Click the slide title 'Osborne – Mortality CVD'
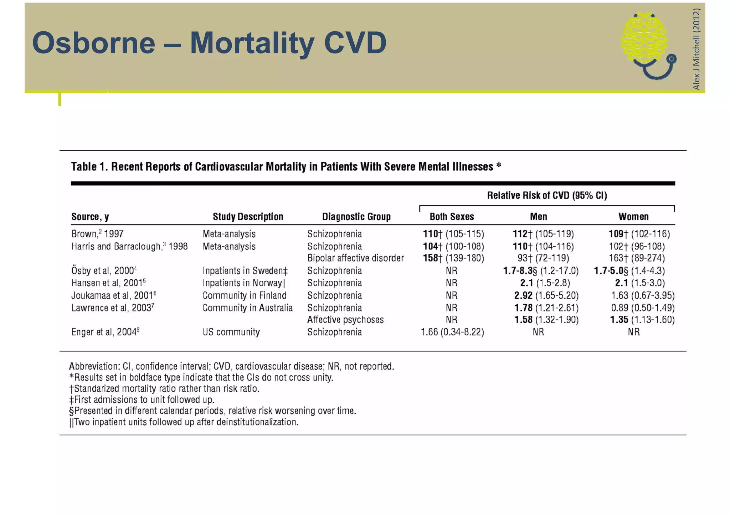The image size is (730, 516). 209,43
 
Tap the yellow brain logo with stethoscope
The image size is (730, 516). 647,45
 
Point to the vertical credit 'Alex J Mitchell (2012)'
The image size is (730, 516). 696,49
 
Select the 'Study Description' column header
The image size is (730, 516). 248,217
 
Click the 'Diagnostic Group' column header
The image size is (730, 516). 356,217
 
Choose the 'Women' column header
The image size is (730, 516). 633,217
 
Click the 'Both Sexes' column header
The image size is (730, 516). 452,217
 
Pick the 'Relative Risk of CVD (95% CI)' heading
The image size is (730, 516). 547,196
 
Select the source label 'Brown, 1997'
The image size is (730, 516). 97,234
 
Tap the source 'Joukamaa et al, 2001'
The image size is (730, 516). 113,295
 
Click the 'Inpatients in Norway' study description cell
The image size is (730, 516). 244,283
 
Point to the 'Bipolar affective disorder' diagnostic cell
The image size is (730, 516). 355,258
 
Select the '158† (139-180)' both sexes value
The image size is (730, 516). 453,258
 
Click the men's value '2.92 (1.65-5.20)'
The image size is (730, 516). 546,295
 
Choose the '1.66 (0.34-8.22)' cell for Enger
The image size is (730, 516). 452,332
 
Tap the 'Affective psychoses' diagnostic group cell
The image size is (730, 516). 345,320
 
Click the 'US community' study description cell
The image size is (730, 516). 231,332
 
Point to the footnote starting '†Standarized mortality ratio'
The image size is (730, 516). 164,388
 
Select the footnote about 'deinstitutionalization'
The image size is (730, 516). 184,422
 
